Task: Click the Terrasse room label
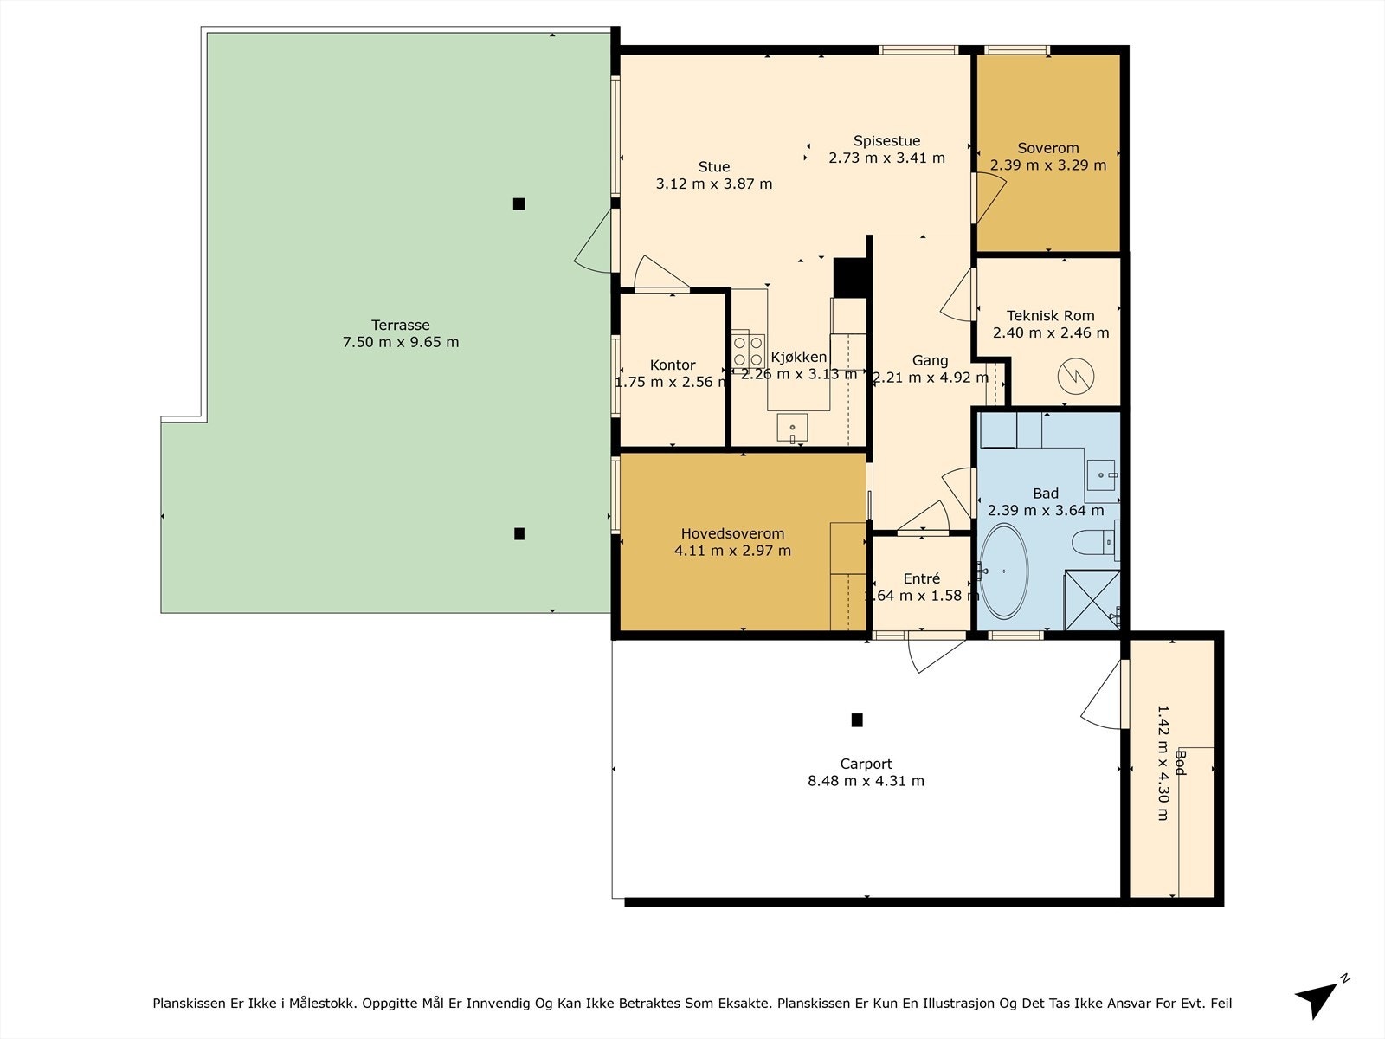400,325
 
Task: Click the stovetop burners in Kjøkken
749,351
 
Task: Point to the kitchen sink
792,427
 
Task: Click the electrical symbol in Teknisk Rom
1076,377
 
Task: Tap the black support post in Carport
857,720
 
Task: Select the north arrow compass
1321,997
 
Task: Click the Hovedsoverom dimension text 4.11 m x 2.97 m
732,550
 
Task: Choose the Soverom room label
1048,148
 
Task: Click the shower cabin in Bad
1092,600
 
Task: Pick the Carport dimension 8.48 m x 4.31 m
866,781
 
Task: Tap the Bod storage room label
1180,763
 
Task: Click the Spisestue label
886,140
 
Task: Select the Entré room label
921,578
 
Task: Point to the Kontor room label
673,365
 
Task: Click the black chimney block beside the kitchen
850,278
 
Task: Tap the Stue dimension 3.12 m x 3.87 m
713,184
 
